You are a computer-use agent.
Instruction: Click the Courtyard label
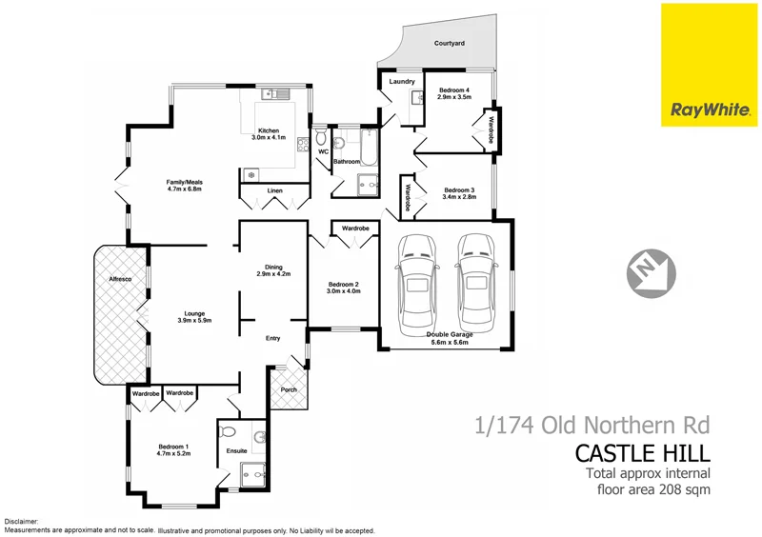point(450,44)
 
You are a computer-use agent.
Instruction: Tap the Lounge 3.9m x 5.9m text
point(194,316)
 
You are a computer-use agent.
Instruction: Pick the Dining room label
point(273,270)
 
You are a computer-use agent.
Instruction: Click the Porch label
point(288,388)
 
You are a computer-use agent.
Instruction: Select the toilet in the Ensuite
point(229,432)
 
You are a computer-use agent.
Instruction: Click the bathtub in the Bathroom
point(367,148)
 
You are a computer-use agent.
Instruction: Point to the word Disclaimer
point(22,522)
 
